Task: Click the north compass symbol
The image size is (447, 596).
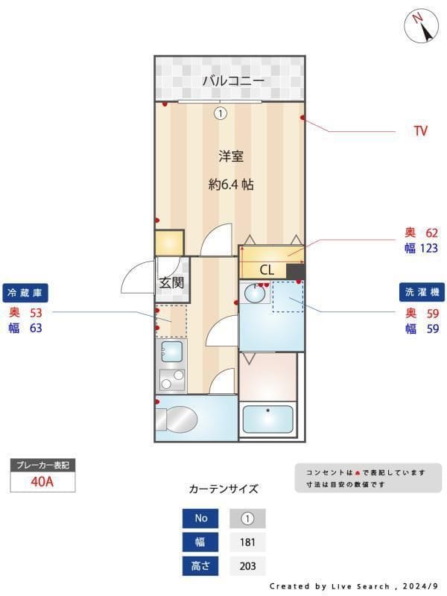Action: point(421,27)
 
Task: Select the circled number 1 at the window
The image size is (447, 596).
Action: point(220,114)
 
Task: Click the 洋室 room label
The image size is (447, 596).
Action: point(231,156)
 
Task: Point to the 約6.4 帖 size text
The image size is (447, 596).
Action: point(231,184)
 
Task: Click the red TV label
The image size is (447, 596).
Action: point(420,131)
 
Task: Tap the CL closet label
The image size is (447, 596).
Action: point(267,270)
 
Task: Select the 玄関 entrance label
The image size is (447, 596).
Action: point(171,282)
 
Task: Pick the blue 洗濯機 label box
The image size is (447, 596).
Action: point(420,292)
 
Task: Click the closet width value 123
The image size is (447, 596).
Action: point(428,249)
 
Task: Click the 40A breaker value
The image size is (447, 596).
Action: point(42,481)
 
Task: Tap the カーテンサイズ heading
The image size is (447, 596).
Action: point(223,489)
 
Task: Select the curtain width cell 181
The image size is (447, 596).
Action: point(247,542)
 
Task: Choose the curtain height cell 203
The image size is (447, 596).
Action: point(247,566)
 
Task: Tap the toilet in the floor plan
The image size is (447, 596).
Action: point(179,419)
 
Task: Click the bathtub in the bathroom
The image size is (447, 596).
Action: point(267,419)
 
